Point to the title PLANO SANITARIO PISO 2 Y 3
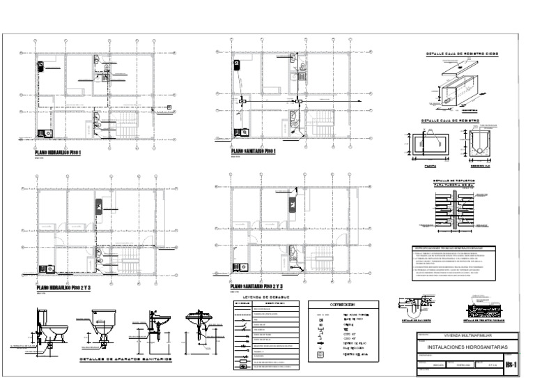(x=258, y=287)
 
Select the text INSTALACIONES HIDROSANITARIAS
(x=467, y=347)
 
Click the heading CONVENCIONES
(x=343, y=305)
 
